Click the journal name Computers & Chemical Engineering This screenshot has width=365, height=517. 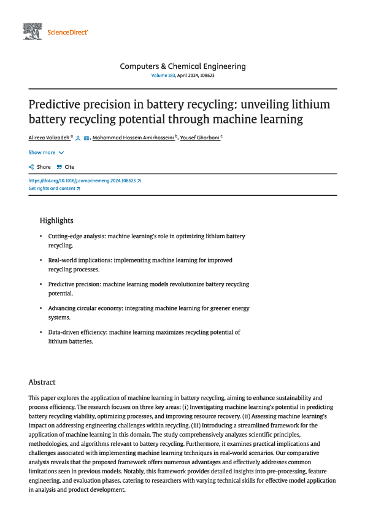182,66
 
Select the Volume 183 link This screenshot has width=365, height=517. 163,75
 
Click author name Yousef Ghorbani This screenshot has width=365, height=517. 200,139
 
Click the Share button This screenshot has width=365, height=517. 40,167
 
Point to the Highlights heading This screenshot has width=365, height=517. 56,220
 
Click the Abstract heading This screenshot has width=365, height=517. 42,382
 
